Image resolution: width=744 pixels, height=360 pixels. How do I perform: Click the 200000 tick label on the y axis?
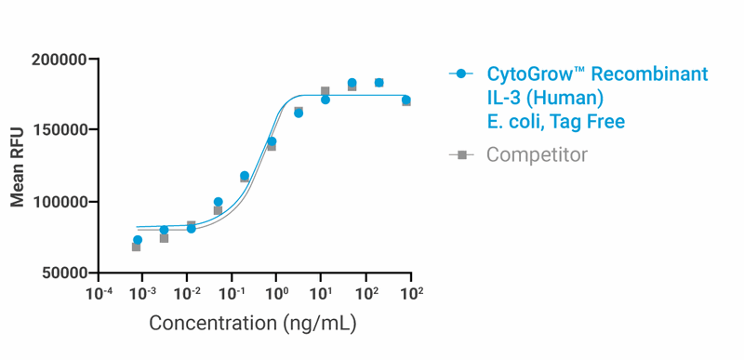[59, 60]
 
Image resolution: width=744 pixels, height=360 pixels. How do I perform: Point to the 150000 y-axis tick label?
[59, 131]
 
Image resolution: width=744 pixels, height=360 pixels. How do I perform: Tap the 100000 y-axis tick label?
[59, 202]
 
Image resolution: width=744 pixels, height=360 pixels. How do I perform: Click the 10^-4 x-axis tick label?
[98, 294]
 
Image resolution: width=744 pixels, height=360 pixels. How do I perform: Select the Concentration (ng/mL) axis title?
[253, 324]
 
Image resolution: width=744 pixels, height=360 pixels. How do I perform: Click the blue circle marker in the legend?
[461, 74]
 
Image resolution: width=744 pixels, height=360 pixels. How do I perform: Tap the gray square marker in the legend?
[461, 154]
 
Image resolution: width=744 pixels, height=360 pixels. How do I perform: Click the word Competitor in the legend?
[537, 154]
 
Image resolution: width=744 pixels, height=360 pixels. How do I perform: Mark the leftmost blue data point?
[138, 240]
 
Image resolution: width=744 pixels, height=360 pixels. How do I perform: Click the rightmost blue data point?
[405, 100]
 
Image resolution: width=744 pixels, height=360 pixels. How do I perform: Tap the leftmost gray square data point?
[136, 247]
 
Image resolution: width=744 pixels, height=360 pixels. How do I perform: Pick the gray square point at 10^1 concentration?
[325, 91]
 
